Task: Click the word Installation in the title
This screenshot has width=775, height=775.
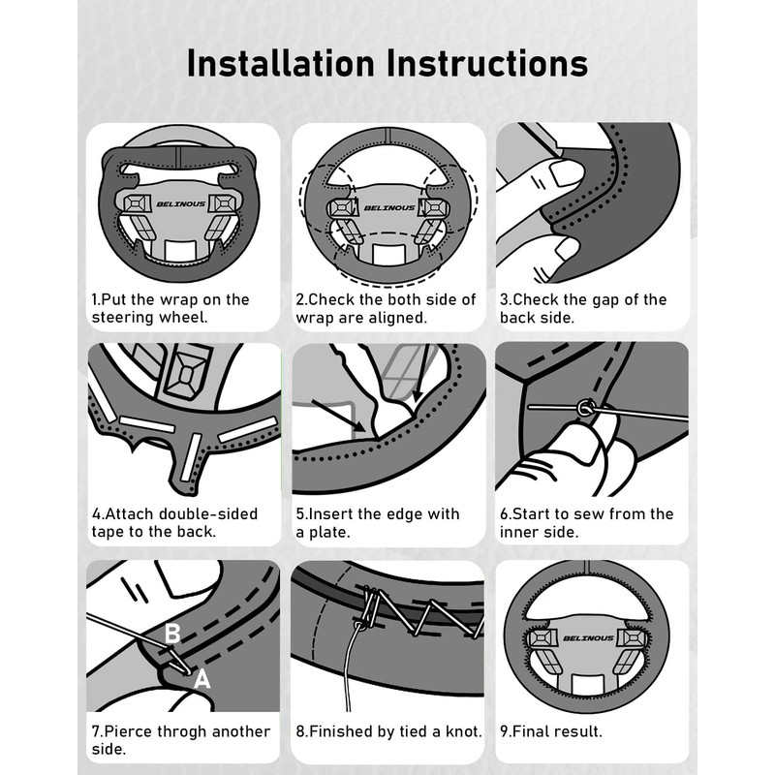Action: click(281, 63)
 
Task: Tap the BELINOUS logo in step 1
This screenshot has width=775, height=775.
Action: click(181, 203)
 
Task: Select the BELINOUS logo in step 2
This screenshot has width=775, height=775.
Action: click(389, 207)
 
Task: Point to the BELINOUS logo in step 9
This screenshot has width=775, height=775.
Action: click(588, 638)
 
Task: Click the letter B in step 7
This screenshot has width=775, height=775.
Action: click(172, 634)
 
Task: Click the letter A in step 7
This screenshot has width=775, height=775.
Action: click(201, 679)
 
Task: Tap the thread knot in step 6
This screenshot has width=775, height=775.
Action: click(585, 408)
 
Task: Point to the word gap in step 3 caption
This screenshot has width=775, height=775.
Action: click(601, 300)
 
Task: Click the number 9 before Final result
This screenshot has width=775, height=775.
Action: click(504, 731)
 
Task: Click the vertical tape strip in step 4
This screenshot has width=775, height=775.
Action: click(191, 457)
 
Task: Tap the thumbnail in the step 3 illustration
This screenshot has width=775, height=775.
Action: click(567, 174)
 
